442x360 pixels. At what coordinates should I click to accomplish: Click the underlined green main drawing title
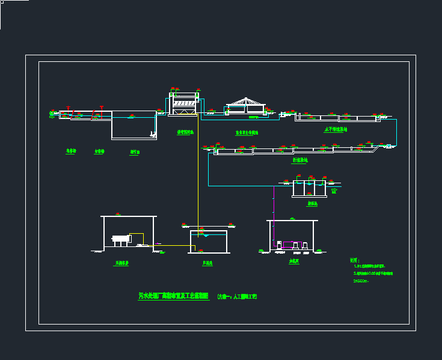pos(173,296)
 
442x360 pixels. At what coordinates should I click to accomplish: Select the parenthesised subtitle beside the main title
pos(237,296)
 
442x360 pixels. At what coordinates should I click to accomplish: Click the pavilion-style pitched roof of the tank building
pos(245,102)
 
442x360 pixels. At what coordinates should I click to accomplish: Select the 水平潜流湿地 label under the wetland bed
pos(335,129)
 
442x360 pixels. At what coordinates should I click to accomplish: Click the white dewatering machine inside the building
pos(122,239)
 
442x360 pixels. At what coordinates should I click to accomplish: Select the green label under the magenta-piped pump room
pos(293,261)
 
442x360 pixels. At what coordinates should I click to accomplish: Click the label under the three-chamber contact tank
pos(312,204)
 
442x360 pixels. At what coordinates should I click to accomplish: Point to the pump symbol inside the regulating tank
pos(153,133)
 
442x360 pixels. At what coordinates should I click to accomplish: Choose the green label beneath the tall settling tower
pos(185,132)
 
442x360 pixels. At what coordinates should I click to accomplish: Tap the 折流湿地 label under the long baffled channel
pos(300,160)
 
